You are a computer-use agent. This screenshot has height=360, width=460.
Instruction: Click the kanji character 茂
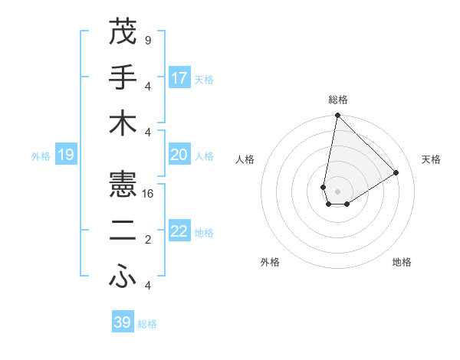123,32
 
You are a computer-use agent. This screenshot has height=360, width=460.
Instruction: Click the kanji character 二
123,231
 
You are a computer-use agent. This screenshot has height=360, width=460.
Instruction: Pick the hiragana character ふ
123,277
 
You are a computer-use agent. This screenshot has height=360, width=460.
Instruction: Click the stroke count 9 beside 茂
147,40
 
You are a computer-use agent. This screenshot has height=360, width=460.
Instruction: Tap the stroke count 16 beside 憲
149,194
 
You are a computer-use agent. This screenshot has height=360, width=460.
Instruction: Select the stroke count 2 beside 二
147,240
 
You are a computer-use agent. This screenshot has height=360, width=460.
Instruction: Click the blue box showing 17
179,77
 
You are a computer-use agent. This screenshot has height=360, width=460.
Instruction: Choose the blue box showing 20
179,155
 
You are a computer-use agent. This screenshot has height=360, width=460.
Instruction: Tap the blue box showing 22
179,231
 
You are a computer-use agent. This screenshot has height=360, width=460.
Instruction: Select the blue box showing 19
65,155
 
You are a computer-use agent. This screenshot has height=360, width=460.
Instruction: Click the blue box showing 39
123,322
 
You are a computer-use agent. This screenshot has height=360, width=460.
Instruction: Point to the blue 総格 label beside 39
147,324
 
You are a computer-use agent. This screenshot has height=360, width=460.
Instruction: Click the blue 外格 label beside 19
41,156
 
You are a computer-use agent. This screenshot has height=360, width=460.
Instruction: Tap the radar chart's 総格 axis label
337,100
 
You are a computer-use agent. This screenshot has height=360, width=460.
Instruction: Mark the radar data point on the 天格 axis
396,172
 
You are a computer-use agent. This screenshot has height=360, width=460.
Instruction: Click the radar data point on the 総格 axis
337,116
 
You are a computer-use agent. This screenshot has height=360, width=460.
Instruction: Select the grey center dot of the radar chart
337,190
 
